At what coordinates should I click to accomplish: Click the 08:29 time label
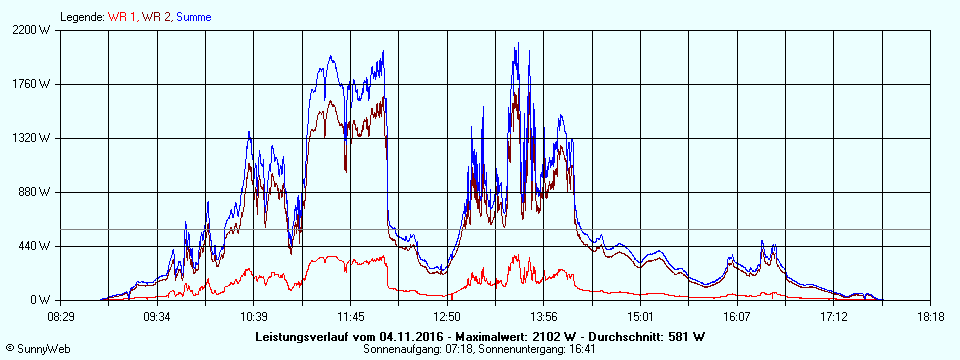click(x=61, y=316)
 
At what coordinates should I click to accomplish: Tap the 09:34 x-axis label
click(x=157, y=316)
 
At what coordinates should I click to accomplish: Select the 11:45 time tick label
click(x=350, y=316)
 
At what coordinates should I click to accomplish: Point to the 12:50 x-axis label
click(x=447, y=316)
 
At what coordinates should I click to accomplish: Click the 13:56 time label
click(x=543, y=316)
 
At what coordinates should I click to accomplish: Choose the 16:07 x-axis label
click(x=737, y=316)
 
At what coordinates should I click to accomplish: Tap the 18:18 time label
click(x=930, y=316)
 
